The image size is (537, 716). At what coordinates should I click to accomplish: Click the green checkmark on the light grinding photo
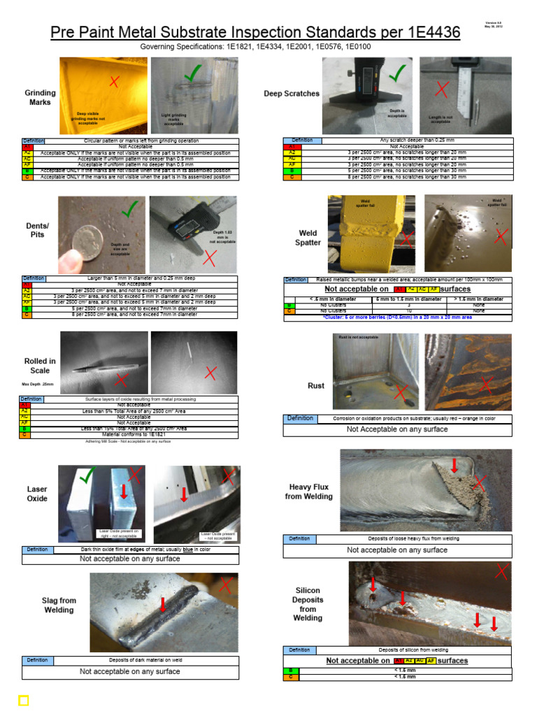[192, 72]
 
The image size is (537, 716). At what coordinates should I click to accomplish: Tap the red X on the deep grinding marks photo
[114, 83]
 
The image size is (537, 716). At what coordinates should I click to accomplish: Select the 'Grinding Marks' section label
[40, 98]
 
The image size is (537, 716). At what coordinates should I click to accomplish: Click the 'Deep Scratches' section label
[292, 94]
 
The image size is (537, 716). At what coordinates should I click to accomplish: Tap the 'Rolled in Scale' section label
[40, 366]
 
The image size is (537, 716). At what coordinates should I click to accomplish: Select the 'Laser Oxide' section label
[37, 494]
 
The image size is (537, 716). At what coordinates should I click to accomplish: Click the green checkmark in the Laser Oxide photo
[87, 478]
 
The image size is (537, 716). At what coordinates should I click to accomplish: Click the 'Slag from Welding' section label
[59, 605]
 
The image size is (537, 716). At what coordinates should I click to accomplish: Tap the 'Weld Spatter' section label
[308, 238]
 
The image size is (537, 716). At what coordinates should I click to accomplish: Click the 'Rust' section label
[316, 385]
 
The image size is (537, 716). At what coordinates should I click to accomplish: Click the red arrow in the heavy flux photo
[455, 465]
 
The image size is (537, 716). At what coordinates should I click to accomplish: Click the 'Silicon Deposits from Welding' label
[308, 604]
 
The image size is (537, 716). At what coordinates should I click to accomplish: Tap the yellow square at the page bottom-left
[23, 700]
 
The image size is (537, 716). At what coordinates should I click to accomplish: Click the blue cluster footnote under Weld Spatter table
[396, 317]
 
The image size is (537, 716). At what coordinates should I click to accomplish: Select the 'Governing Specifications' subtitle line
[255, 47]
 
